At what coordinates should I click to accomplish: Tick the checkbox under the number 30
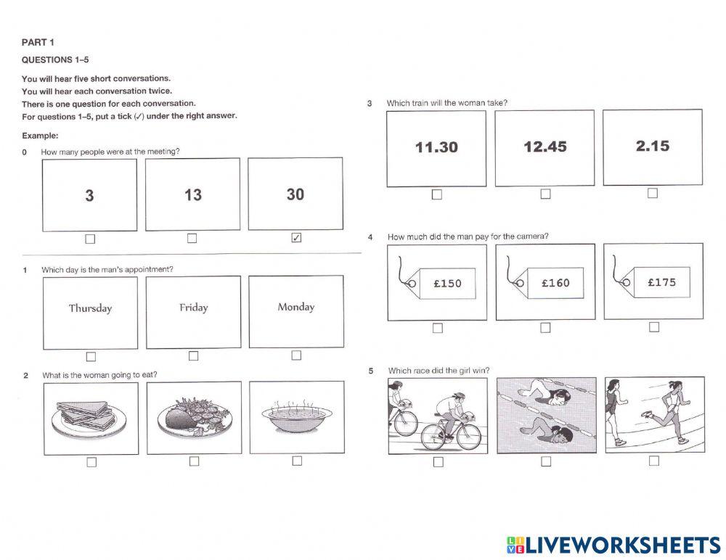295,238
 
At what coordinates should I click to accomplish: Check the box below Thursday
91,356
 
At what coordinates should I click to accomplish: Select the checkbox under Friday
193,355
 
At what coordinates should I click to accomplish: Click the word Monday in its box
296,307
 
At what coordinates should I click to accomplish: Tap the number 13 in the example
192,195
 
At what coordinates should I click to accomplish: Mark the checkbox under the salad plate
194,461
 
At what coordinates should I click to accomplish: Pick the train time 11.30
436,147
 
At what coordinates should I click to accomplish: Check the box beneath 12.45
545,194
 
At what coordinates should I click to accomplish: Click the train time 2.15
652,146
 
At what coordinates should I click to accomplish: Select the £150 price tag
446,283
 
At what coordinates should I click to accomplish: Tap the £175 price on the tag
661,282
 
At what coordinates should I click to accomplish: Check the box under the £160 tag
545,328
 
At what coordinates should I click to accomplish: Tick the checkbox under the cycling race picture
438,462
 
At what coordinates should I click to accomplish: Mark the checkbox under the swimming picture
546,461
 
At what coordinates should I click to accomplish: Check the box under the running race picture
654,461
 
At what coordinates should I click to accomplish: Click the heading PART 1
38,42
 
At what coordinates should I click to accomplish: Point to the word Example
40,136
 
